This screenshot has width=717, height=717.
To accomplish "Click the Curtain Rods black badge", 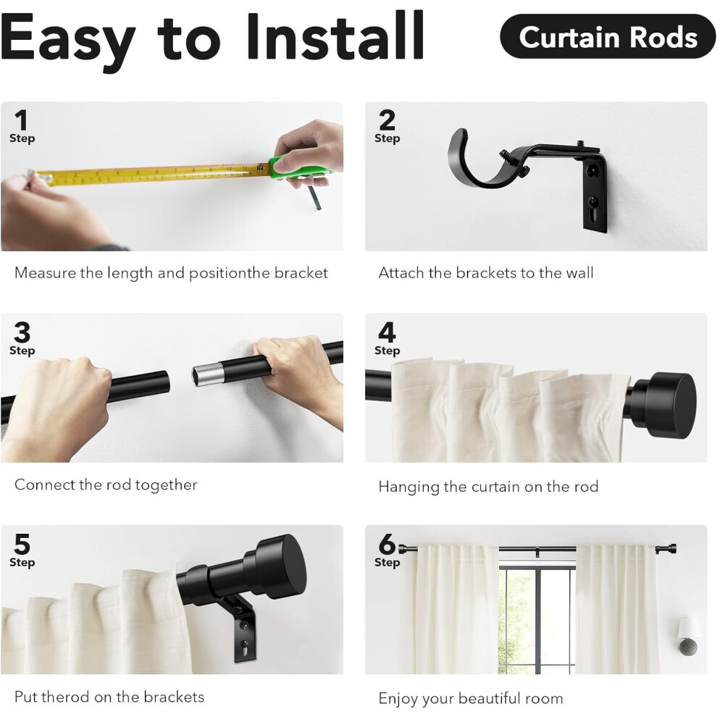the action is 607,37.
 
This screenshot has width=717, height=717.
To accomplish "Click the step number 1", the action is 20,120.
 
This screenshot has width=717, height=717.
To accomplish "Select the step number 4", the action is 387,332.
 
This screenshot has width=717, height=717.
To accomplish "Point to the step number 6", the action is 387,544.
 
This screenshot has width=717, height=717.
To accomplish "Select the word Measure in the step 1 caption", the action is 46,273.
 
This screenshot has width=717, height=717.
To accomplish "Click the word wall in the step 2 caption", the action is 579,273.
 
